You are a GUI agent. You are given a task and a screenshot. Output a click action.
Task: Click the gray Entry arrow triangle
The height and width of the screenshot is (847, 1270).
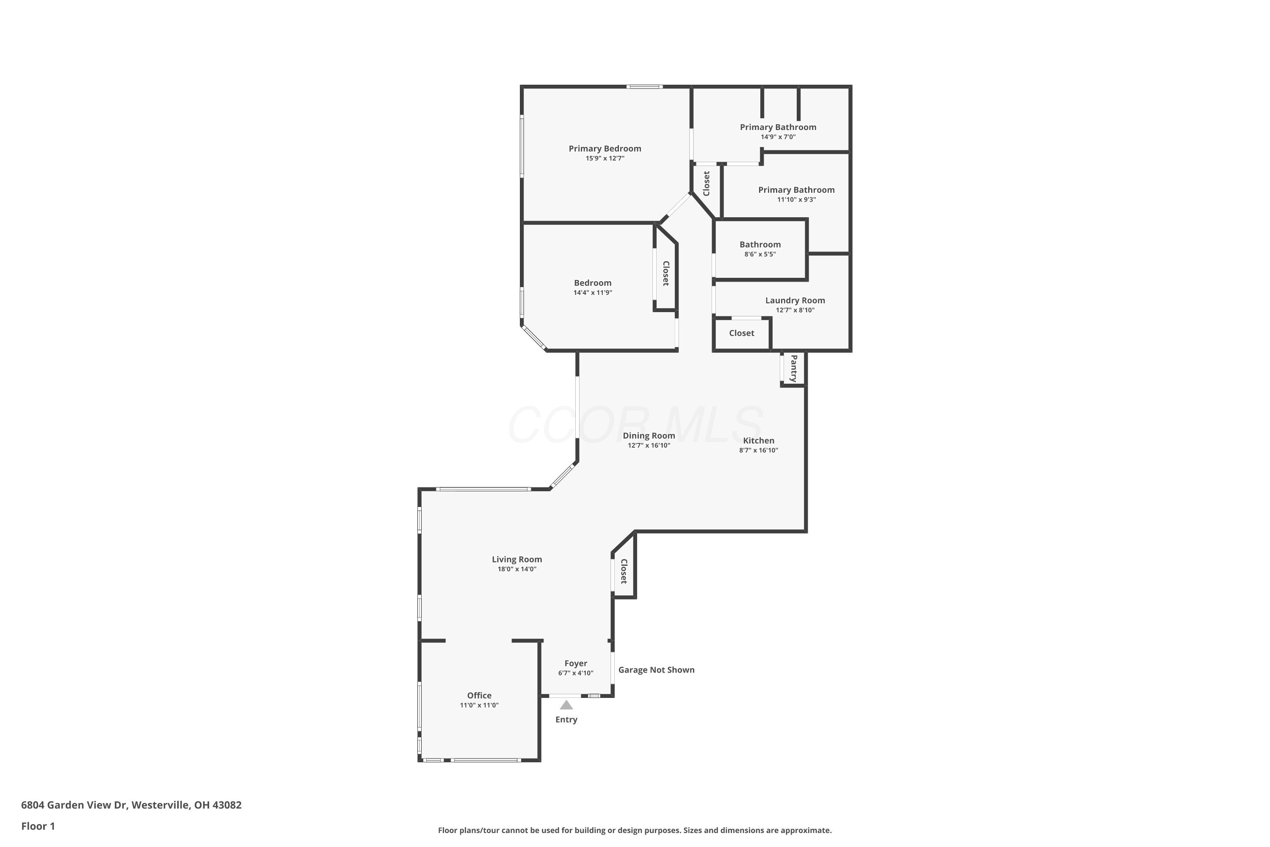coord(566,705)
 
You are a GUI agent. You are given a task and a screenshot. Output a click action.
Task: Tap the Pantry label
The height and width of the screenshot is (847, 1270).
coord(794,368)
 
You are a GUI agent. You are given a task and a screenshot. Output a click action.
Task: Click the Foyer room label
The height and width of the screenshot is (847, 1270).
coord(576,663)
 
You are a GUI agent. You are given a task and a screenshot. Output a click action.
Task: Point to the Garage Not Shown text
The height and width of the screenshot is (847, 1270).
coord(656,670)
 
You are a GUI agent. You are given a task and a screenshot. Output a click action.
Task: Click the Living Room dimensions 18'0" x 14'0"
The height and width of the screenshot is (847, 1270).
coord(517,569)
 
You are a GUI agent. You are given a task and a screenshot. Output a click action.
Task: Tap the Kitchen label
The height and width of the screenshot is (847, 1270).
coord(758,441)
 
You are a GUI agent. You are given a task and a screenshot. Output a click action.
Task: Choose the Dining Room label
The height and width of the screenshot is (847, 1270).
coord(649,436)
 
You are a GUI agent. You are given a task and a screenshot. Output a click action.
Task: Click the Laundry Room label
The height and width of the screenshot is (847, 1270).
coord(795,300)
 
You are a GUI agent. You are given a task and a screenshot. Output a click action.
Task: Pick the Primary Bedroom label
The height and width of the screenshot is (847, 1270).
coord(605,149)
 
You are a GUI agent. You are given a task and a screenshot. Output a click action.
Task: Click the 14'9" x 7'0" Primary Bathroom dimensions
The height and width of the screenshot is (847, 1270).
coord(778,137)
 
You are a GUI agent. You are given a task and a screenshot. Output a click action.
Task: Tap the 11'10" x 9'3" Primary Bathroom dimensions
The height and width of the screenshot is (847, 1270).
coord(796,200)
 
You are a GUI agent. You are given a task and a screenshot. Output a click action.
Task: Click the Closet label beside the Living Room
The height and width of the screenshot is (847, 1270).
coord(624,571)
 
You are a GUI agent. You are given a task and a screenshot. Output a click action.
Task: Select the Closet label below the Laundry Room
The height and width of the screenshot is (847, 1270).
coord(741,333)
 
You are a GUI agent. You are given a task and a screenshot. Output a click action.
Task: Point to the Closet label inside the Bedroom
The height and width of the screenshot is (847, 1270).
coord(666,273)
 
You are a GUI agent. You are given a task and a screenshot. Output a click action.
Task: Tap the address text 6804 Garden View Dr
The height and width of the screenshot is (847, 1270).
coord(74,805)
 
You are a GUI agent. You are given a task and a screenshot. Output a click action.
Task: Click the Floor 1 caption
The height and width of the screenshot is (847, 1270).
coord(38,826)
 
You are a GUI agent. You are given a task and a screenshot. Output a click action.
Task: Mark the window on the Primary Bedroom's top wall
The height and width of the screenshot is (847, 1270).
coord(644,86)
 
